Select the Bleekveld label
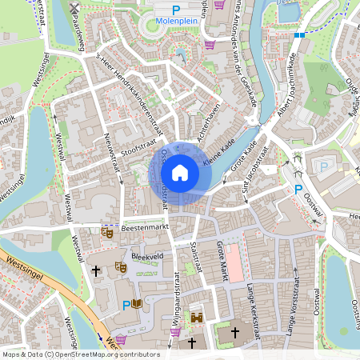click(x=147, y=257)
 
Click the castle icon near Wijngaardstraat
click(x=197, y=318)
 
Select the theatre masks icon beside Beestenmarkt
click(x=107, y=233)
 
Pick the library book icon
click(x=138, y=304)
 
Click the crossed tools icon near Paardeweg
click(x=74, y=9)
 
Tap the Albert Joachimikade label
click(x=285, y=88)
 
